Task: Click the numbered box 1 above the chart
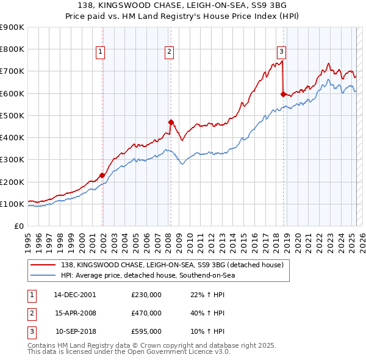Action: coord(99,52)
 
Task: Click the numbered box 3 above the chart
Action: coord(281,52)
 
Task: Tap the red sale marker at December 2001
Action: coord(102,176)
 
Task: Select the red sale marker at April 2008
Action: coord(171,122)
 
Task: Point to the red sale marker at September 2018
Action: coord(283,94)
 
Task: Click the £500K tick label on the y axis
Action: coord(12,115)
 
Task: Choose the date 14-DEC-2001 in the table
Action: coord(75,295)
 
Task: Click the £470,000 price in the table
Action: coord(146,313)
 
